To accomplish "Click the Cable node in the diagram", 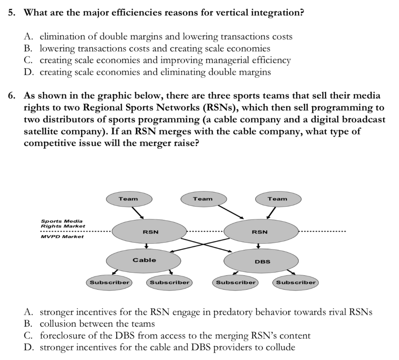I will [x=144, y=260].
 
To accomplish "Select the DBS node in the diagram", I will [x=262, y=261].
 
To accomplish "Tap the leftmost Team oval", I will [x=128, y=199].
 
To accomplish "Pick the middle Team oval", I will [x=203, y=199].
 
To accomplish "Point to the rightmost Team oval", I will [x=277, y=199].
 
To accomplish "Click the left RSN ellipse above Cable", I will [x=150, y=232].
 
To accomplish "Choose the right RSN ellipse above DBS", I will [x=260, y=232].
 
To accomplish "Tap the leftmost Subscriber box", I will [x=109, y=282].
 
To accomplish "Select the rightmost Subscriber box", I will [x=296, y=282].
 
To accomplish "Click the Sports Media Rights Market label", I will [x=62, y=223].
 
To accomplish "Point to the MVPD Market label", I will [x=62, y=236].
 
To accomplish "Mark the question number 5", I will [x=12, y=12].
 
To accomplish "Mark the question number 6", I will [x=12, y=95].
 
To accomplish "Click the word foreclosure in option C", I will [x=58, y=335].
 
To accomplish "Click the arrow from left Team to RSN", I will [x=138, y=212].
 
